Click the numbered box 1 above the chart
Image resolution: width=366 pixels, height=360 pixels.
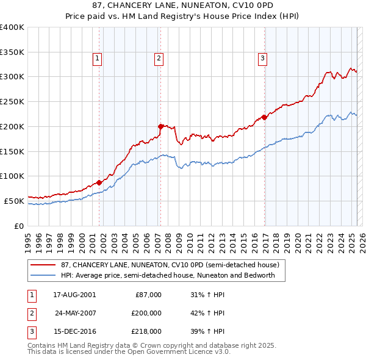coord(98,59)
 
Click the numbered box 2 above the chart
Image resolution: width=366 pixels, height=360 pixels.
coord(159,59)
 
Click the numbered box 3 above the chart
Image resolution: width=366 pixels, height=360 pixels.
coord(262,59)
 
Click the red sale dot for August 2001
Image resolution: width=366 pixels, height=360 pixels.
coord(99,182)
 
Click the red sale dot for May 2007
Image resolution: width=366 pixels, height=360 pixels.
coord(160,126)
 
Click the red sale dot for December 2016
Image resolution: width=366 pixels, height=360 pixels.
coord(264,117)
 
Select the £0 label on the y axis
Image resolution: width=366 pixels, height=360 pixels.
coord(18,225)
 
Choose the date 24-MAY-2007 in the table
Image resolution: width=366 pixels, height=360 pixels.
coord(75,313)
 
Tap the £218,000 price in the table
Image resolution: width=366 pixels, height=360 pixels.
coord(146,331)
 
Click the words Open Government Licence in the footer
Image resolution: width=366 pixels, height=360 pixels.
coord(154,351)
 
